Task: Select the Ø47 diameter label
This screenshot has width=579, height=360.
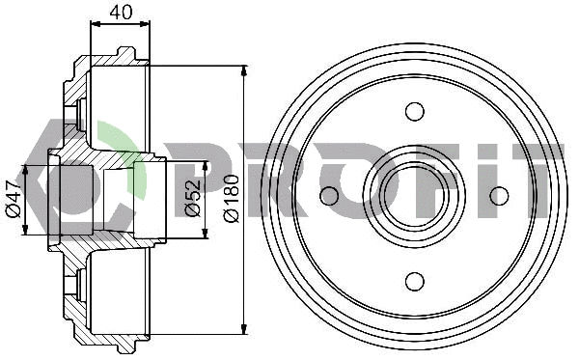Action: coord(14,200)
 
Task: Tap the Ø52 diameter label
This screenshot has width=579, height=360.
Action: coord(193,197)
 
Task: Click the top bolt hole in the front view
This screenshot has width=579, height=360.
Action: coord(415,111)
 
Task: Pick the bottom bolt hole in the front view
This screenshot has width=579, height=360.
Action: coord(415,281)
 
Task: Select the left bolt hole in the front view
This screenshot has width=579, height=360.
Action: coord(329,196)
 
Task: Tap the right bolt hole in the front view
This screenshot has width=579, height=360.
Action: coord(499,196)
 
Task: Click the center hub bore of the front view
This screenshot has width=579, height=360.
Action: coord(415,196)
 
